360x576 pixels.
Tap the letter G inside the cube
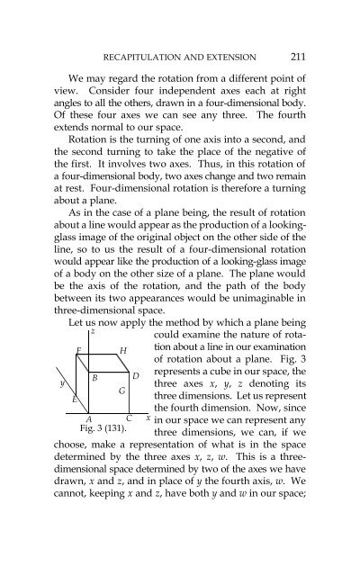pos(120,392)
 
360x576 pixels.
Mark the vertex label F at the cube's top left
pos(79,348)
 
